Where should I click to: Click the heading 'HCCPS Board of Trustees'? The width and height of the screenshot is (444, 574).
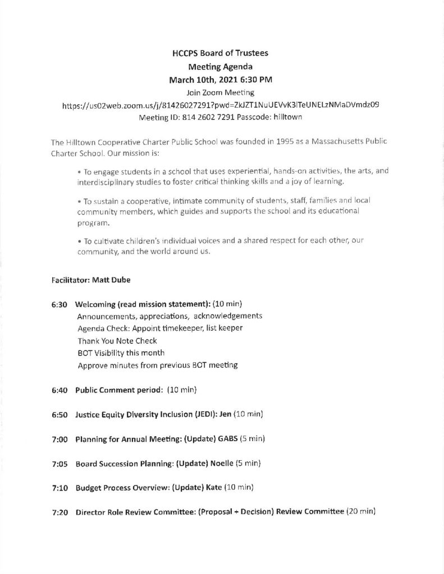[x=220, y=54]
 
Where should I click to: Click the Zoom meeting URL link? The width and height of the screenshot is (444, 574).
[x=219, y=105]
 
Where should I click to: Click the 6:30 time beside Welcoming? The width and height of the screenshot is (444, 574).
[x=59, y=304]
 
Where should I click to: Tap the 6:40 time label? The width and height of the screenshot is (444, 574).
[x=59, y=389]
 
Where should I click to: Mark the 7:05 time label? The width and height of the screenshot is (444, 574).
[x=59, y=464]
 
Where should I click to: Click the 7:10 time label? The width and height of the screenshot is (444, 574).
[x=59, y=488]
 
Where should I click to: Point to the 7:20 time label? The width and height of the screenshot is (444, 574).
[x=59, y=513]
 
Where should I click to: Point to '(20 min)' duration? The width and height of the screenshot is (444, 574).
[x=360, y=513]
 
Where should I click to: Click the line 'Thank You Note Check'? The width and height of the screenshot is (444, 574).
[x=117, y=340]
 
